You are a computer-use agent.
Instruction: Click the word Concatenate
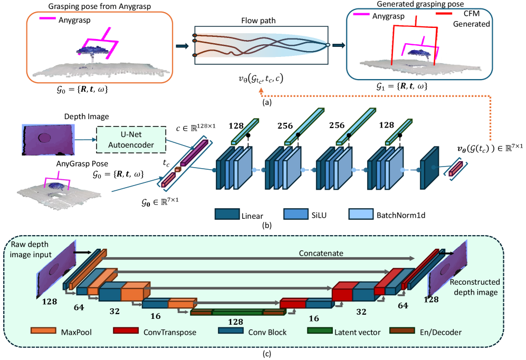321,253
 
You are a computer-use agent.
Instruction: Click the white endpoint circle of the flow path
328,45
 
